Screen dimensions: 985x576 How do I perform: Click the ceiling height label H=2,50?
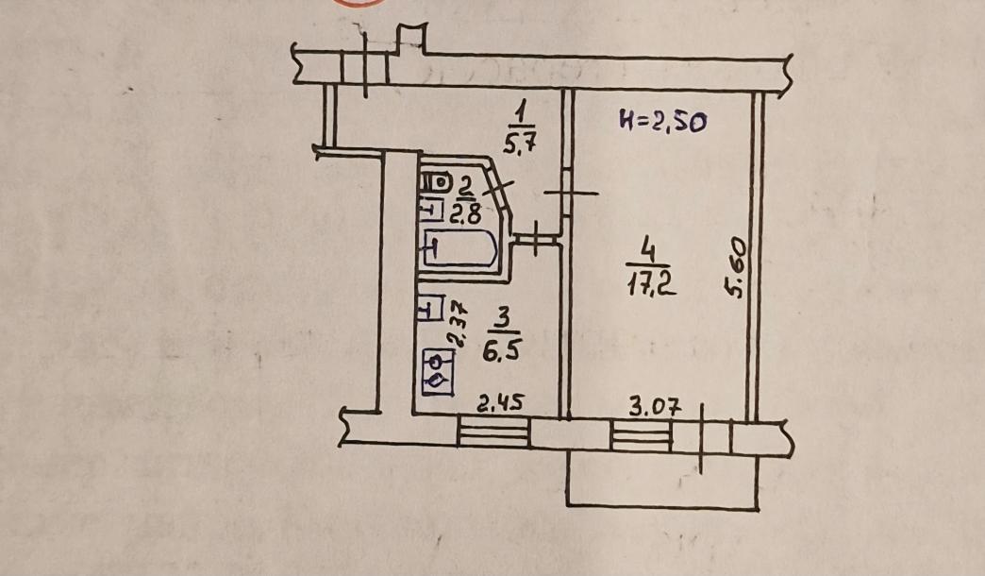click(x=662, y=122)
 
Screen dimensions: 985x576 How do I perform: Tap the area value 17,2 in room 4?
click(x=651, y=284)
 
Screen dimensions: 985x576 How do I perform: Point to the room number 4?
click(x=648, y=253)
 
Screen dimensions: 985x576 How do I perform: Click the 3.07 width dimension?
click(x=656, y=407)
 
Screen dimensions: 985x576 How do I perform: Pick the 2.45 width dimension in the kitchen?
click(x=500, y=402)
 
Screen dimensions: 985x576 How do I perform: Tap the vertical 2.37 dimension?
click(x=458, y=324)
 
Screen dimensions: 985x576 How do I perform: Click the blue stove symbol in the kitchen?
click(x=438, y=372)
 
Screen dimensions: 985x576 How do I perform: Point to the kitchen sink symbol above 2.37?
click(x=430, y=309)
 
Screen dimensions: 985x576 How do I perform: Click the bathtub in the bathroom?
click(x=460, y=249)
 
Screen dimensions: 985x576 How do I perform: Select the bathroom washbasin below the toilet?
click(x=431, y=210)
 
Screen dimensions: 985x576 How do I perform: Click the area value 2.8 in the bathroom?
click(x=465, y=213)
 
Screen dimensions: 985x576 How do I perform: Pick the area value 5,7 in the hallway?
click(x=519, y=145)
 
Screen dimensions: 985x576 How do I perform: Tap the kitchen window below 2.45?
click(x=493, y=432)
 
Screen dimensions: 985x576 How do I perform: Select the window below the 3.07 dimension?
click(x=642, y=435)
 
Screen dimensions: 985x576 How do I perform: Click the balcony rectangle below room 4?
click(x=662, y=478)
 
